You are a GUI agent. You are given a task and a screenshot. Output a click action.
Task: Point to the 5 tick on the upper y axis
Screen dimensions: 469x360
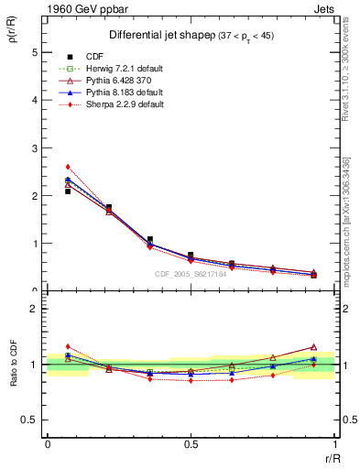[36, 52]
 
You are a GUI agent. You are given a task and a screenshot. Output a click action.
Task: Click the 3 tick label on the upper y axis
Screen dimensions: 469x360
[36, 147]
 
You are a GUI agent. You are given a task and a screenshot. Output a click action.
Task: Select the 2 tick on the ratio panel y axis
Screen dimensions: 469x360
[36, 309]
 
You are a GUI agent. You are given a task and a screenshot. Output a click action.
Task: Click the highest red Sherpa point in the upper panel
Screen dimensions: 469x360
[68, 167]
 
